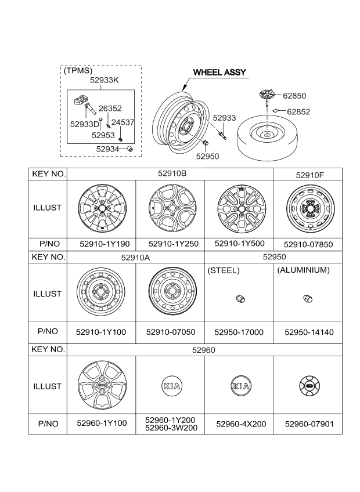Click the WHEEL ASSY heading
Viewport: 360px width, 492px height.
(x=219, y=73)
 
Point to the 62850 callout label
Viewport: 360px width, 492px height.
(x=294, y=96)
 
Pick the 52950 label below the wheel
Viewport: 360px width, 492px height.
(x=207, y=155)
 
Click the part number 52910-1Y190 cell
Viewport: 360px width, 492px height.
(x=102, y=244)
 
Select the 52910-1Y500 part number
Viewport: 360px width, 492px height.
(x=239, y=244)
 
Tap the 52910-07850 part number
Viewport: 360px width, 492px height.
(x=308, y=245)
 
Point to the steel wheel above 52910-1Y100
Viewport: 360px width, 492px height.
(x=101, y=293)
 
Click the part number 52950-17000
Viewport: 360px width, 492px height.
(x=239, y=332)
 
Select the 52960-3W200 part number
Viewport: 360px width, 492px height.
(x=171, y=428)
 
